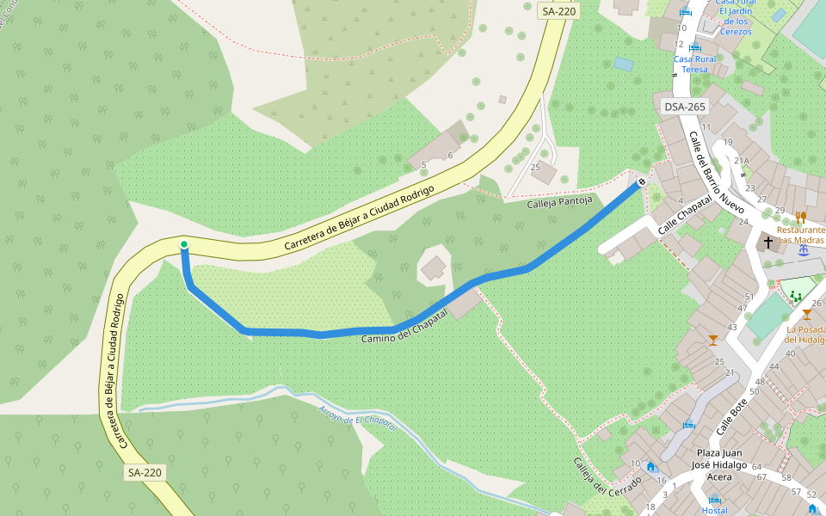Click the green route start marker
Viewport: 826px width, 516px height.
click(x=183, y=245)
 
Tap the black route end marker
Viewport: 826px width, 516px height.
click(x=642, y=181)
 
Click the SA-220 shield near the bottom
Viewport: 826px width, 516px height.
click(x=145, y=472)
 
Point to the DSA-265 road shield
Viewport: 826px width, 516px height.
click(x=685, y=107)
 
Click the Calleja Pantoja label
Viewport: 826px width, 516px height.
click(x=559, y=201)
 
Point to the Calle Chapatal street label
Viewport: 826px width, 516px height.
click(x=686, y=214)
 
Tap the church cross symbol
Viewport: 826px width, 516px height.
click(x=768, y=242)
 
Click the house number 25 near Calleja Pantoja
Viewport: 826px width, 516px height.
click(x=535, y=167)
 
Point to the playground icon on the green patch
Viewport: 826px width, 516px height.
click(x=795, y=296)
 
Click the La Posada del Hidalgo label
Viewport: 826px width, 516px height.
click(x=806, y=335)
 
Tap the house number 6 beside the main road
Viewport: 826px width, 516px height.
click(x=450, y=156)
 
